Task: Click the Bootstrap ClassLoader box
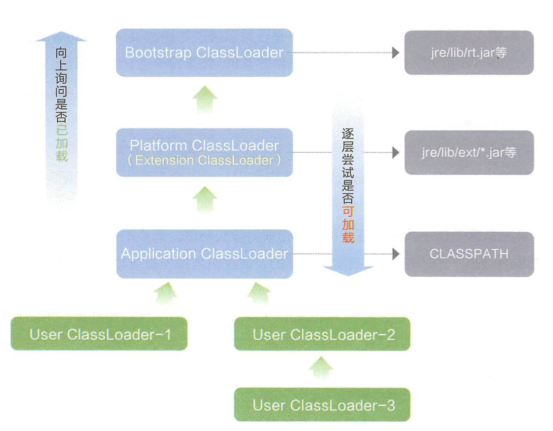pyautogui.click(x=204, y=53)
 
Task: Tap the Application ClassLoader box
pyautogui.click(x=204, y=254)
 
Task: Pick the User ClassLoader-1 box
pyautogui.click(x=99, y=334)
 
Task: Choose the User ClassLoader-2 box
pyautogui.click(x=322, y=334)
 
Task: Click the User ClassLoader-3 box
pyautogui.click(x=322, y=405)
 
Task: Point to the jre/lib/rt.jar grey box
pyautogui.click(x=469, y=53)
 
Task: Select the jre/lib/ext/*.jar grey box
pyautogui.click(x=469, y=153)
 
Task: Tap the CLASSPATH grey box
pyautogui.click(x=469, y=254)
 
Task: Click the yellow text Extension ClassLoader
pyautogui.click(x=204, y=160)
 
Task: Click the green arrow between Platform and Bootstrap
pyautogui.click(x=205, y=98)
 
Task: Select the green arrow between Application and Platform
pyautogui.click(x=205, y=199)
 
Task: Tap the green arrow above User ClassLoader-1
pyautogui.click(x=166, y=293)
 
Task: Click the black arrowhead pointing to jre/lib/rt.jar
pyautogui.click(x=395, y=53)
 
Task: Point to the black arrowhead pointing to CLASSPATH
pyautogui.click(x=395, y=254)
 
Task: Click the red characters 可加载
pyautogui.click(x=348, y=225)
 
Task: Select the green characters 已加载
pyautogui.click(x=61, y=143)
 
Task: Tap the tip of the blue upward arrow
pyautogui.click(x=61, y=33)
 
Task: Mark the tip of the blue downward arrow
pyautogui.click(x=348, y=274)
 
